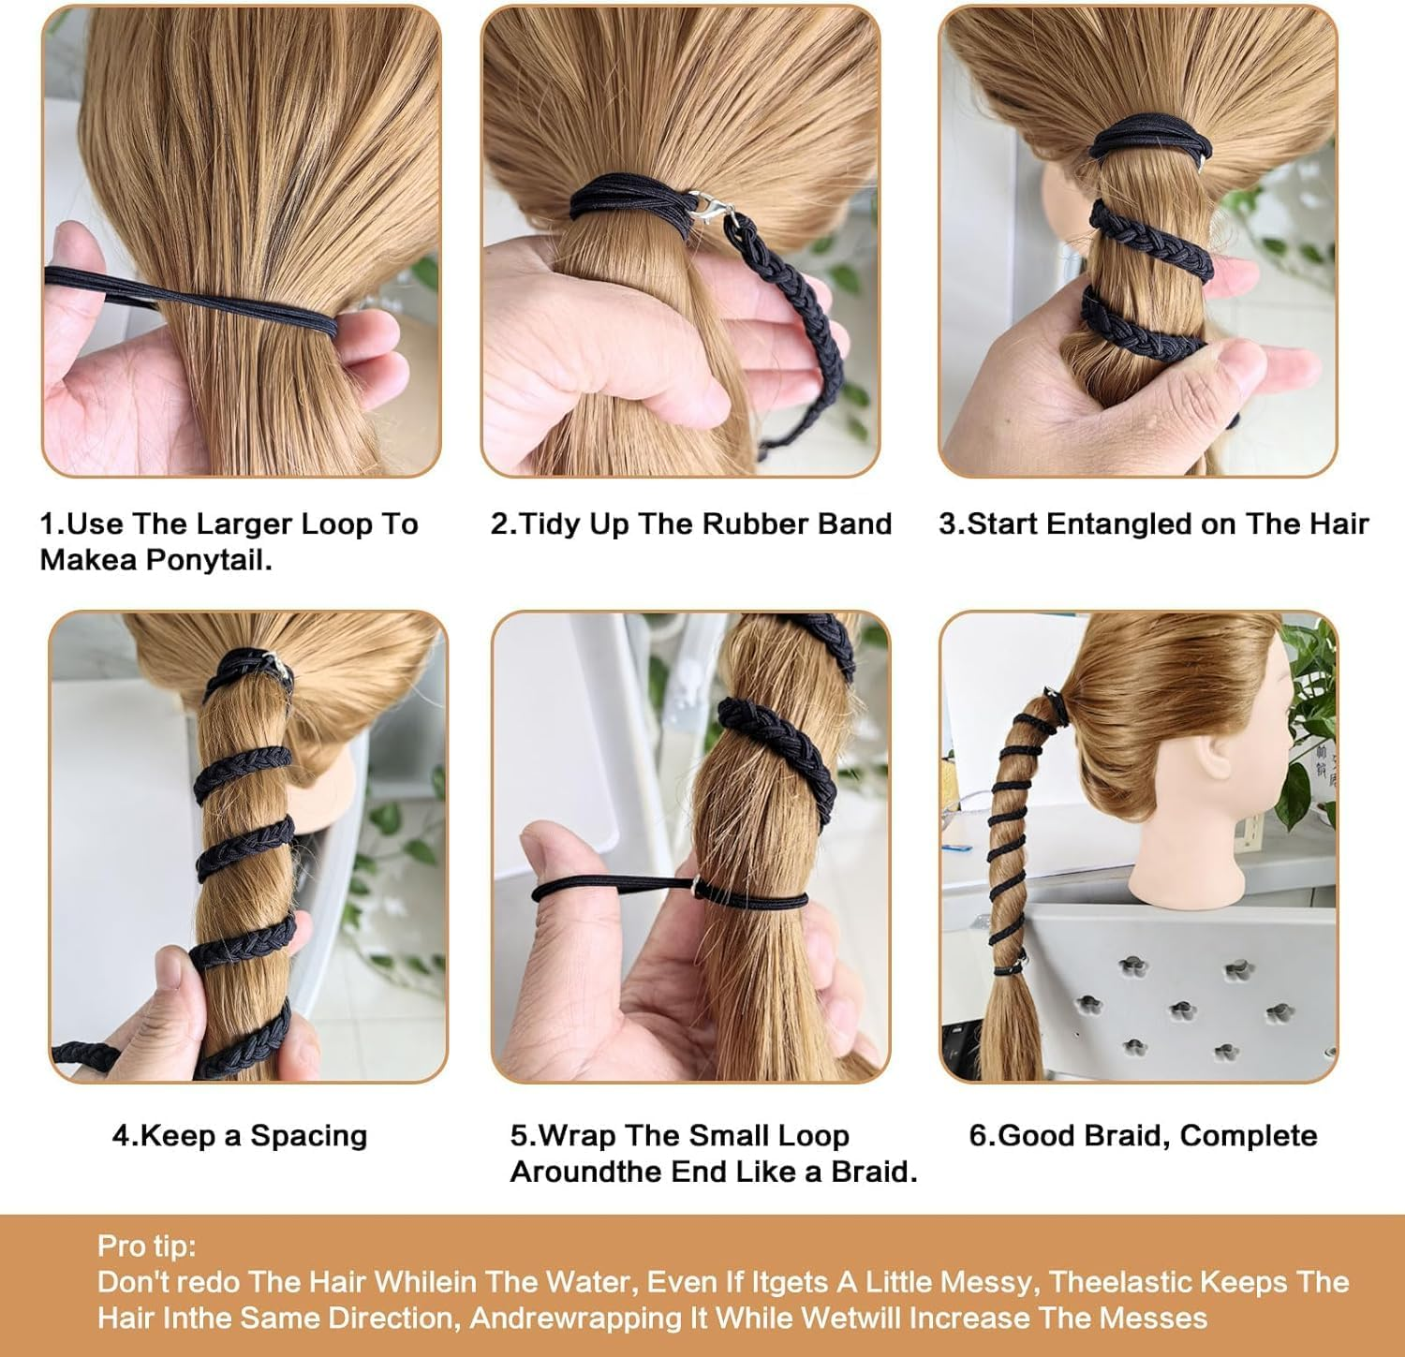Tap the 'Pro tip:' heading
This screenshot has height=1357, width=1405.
coord(147,1246)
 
